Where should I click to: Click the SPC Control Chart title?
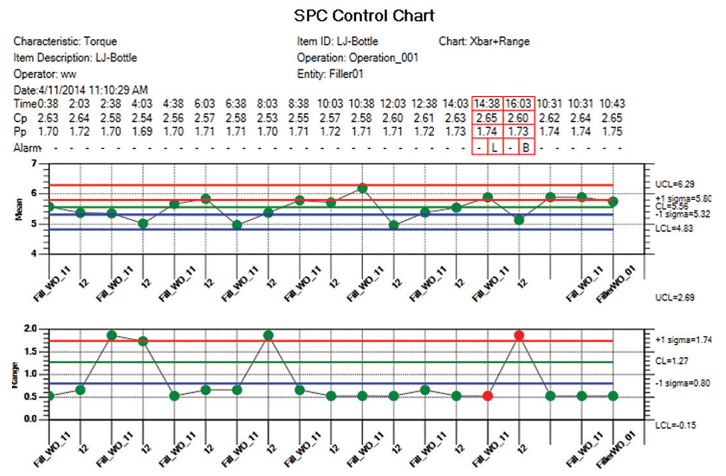point(364,15)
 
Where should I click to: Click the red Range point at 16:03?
point(519,335)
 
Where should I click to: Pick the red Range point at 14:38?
point(488,396)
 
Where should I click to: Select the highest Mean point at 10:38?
point(362,189)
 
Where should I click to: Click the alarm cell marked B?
point(526,148)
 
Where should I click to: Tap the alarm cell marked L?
point(495,148)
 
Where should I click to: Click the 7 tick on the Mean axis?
point(33,164)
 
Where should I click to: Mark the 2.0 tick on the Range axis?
point(30,329)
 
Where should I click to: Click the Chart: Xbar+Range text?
point(484,42)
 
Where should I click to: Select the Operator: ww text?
point(43,74)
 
